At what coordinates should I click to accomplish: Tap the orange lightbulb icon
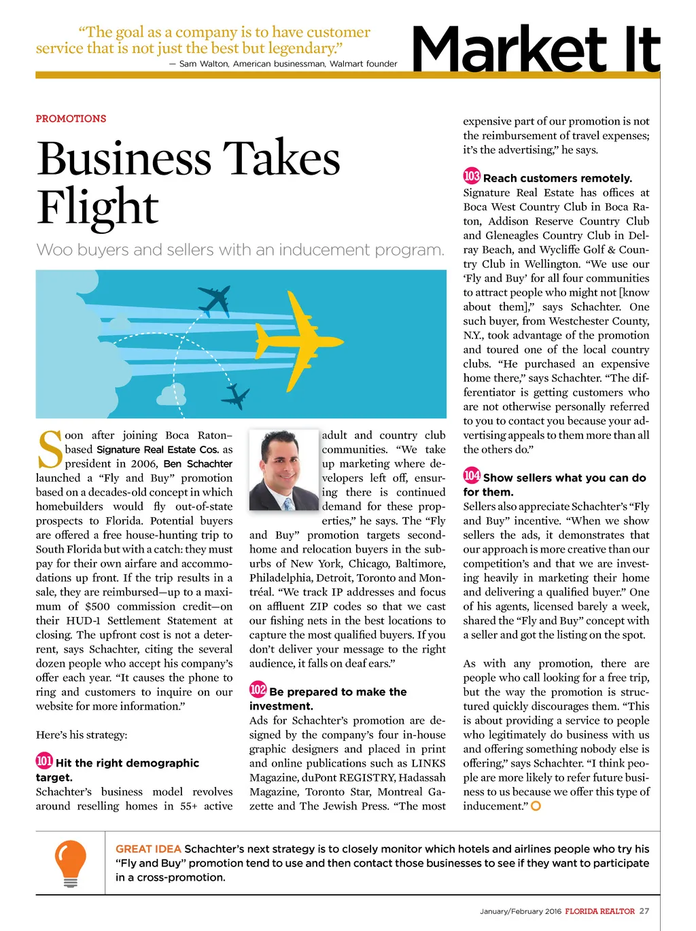[70, 862]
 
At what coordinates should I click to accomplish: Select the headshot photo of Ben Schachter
[283, 470]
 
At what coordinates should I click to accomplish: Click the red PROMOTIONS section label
[71, 118]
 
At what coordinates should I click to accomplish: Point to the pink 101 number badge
[44, 761]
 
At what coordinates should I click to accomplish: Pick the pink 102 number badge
[258, 690]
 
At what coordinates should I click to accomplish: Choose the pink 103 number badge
[472, 176]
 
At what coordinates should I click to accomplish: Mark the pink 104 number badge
[472, 476]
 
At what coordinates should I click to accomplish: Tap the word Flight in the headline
[98, 207]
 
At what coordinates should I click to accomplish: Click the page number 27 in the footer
[644, 911]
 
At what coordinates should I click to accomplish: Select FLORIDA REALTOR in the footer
[599, 911]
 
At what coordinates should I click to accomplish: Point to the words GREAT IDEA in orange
[148, 849]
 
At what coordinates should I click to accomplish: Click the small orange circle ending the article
[536, 806]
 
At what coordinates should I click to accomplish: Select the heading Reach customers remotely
[557, 178]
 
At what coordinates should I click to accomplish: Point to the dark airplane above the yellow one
[215, 299]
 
